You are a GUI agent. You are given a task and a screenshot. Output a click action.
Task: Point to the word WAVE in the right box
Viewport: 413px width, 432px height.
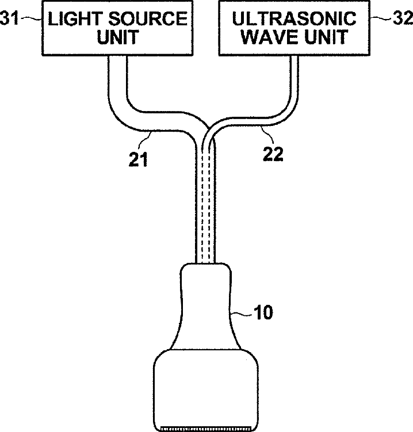265,37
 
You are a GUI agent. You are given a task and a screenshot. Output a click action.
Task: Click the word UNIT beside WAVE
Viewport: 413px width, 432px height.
325,37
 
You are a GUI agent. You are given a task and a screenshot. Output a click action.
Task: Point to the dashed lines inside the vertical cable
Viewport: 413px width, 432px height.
206,201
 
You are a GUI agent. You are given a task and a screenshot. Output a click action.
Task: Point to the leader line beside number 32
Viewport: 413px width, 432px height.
380,19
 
